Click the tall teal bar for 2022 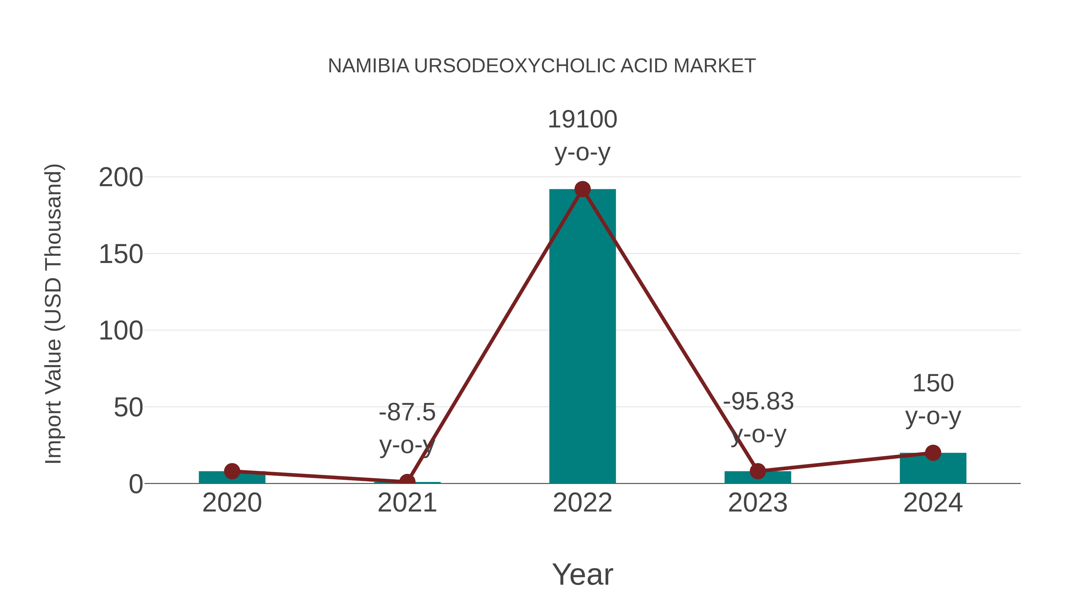point(582,337)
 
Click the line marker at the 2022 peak point(582,189)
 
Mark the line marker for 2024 point(933,453)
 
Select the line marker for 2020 point(232,471)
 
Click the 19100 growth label point(582,120)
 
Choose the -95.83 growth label point(758,401)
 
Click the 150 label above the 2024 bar point(933,383)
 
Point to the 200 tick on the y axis point(121,178)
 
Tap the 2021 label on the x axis point(407,503)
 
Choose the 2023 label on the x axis point(758,503)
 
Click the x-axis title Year point(582,575)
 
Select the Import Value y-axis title point(54,314)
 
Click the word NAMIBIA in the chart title point(369,66)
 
